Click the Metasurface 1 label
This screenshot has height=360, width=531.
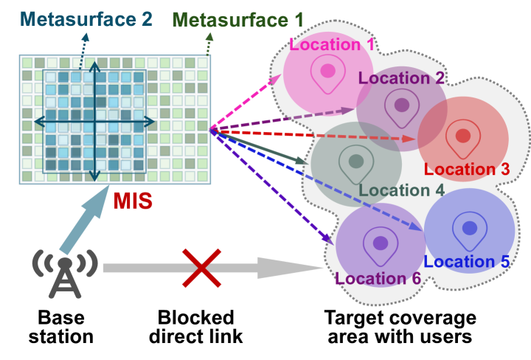pos(237,20)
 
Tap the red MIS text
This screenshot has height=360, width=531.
pos(133,200)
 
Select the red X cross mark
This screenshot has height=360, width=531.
pos(202,267)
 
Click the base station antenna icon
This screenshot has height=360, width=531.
pos(65,272)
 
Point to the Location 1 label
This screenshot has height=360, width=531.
pos(332,44)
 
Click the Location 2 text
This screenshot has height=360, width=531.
pos(401,77)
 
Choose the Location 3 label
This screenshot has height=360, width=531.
pos(467,169)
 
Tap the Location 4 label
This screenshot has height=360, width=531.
pos(401,190)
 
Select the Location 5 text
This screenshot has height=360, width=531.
pos(467,261)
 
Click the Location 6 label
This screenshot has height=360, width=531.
pos(378,278)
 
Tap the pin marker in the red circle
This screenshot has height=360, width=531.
pos(463,136)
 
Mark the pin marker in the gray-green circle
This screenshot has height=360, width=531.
pos(356,161)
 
